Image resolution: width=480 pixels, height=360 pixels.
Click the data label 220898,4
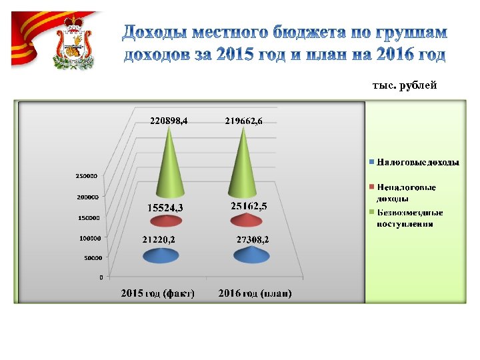[169, 121]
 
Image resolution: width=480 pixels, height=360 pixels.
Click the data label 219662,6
[248, 121]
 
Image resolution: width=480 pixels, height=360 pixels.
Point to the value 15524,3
[165, 207]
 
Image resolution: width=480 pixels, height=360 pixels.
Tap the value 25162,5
[249, 207]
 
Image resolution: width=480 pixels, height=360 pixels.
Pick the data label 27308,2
[253, 239]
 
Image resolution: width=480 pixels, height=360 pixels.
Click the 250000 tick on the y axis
[85, 177]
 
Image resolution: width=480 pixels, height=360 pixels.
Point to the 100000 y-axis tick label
[85, 237]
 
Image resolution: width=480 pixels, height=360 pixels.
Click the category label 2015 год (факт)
[157, 293]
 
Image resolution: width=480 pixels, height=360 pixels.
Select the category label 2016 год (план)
[255, 293]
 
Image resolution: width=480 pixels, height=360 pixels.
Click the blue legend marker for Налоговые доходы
[371, 162]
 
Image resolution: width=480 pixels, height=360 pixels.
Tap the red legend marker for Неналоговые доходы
[371, 186]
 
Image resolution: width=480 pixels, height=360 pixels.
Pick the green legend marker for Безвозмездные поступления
[371, 212]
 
